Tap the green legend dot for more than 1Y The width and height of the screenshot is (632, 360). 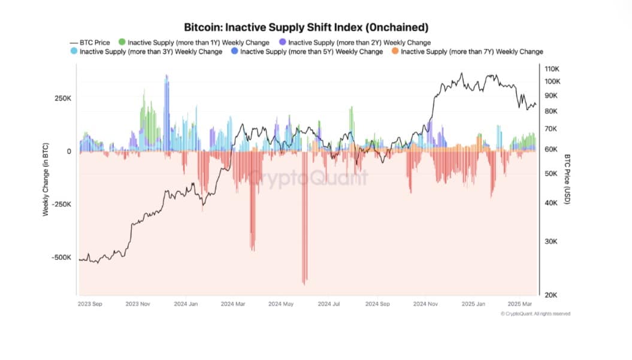122,43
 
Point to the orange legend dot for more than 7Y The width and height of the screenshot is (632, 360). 394,52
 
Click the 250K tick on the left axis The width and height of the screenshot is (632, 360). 62,98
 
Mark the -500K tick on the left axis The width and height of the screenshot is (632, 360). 61,258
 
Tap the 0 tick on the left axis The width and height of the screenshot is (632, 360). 69,152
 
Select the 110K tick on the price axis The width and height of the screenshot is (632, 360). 552,68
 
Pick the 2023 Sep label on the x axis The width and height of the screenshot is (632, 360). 90,304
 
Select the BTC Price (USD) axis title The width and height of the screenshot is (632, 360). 567,180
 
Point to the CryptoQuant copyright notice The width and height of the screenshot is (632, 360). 535,314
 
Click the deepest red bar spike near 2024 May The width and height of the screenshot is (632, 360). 305,282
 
